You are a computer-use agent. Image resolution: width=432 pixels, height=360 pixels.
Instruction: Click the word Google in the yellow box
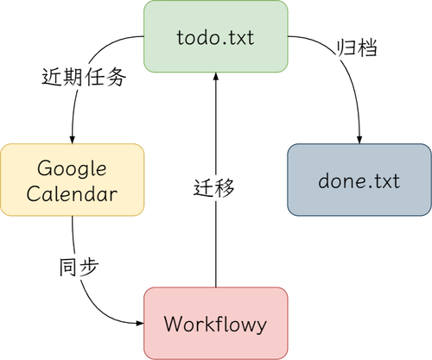[73, 167]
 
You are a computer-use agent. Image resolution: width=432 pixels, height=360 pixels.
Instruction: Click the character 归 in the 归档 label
[345, 48]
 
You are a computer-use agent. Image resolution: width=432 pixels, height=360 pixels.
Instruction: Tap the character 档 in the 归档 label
[366, 48]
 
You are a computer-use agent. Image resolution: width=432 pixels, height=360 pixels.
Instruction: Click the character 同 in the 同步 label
[68, 266]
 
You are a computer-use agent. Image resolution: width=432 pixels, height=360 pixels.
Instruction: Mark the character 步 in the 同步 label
[90, 266]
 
